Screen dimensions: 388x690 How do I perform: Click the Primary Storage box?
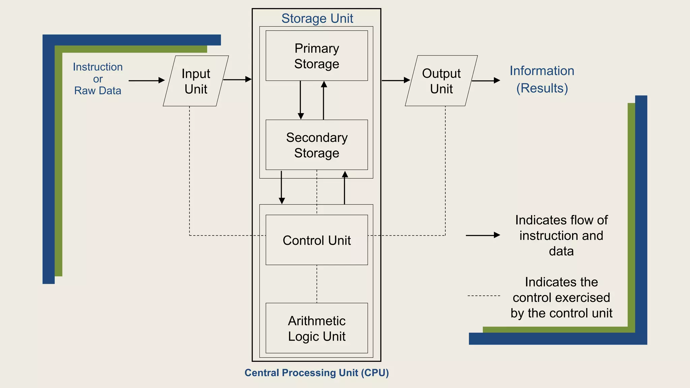coord(316,56)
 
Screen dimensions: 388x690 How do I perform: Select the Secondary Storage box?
coord(316,145)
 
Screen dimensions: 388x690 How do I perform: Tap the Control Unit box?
coord(316,240)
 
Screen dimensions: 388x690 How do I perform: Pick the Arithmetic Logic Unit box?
coord(316,328)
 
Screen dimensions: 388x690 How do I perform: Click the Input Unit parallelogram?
coord(196,81)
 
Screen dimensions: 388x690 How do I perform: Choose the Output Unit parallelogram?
coord(441,81)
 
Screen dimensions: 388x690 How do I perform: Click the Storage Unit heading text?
coord(317,19)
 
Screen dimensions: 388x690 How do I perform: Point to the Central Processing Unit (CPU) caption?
coord(316,373)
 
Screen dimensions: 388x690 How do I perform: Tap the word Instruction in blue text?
coord(98,67)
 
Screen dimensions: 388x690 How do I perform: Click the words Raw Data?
coord(98,91)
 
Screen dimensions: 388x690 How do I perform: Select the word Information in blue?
coord(542,71)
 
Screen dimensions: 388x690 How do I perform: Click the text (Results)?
coord(542,88)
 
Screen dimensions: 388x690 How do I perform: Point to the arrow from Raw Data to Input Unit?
coord(147,80)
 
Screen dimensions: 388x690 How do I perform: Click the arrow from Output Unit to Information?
coord(485,80)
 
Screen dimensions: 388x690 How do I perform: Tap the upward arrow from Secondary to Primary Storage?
coord(324,100)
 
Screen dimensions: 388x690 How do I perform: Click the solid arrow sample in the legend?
coord(482,235)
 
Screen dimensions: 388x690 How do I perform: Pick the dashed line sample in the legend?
coord(483,296)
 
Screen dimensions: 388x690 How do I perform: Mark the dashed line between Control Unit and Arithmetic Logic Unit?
coord(317,284)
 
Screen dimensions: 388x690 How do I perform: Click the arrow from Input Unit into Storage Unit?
coord(237,79)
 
